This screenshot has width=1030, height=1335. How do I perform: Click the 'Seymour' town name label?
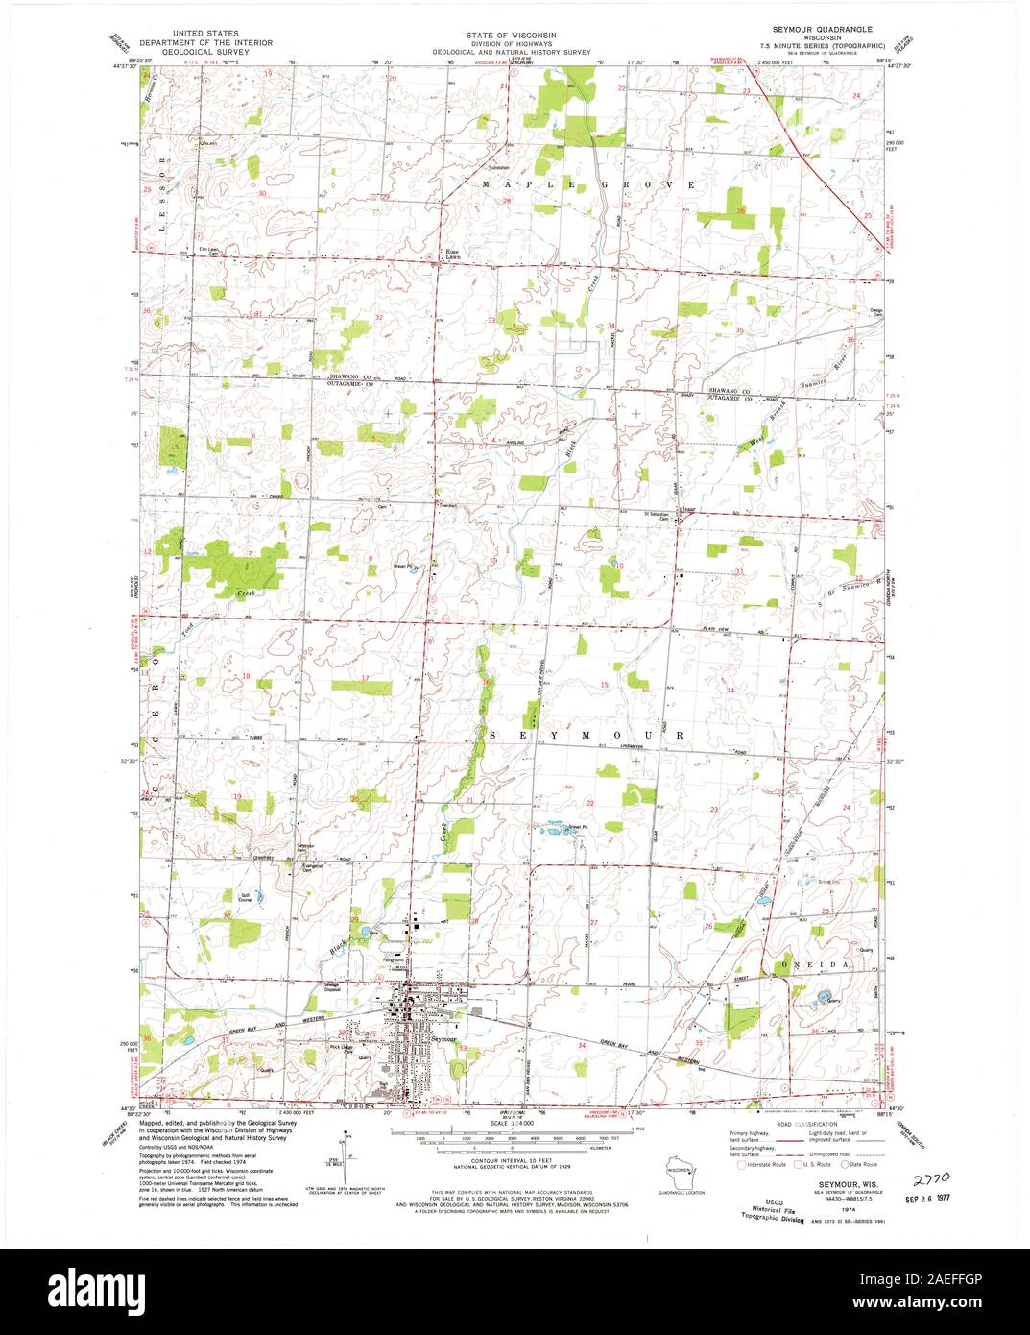coord(442,1039)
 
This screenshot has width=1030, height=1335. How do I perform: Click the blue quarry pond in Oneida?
coord(822,1000)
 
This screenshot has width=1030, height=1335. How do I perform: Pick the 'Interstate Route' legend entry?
coord(762,1164)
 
